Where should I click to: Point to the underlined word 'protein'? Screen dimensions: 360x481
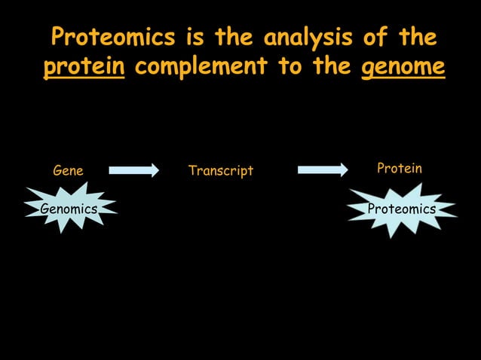point(84,67)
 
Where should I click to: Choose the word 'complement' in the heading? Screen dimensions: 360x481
point(200,67)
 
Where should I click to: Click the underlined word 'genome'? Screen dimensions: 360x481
point(403,67)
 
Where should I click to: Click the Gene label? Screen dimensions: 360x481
point(68,171)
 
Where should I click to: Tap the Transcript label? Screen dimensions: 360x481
point(221,171)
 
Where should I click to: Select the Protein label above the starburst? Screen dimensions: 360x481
point(399,169)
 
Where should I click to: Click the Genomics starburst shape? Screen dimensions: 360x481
point(69,209)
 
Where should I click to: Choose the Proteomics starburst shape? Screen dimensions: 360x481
point(401,209)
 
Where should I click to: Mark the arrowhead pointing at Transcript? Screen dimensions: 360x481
point(153,170)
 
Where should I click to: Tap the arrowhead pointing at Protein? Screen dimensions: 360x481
point(342,170)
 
